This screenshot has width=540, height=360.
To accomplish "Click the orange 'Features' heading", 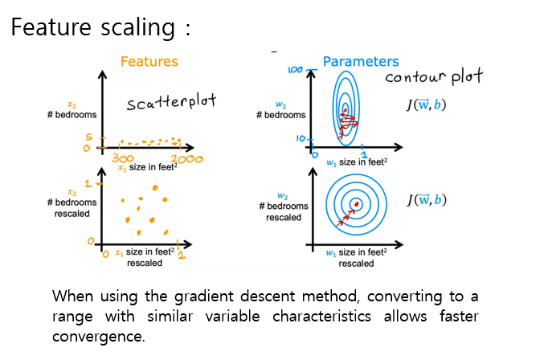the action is pos(149,62).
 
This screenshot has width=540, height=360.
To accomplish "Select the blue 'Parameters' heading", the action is pos(361,62).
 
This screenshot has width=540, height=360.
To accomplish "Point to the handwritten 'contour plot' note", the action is pos(434,77).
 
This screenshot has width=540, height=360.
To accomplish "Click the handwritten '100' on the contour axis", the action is pos(295,71).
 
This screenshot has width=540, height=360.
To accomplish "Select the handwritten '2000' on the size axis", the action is pos(186,160).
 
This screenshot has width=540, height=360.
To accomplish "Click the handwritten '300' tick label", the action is pos(121,160).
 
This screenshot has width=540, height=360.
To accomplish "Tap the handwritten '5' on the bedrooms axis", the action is pos(90,138).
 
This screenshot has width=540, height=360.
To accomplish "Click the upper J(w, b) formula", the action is pos(427,106).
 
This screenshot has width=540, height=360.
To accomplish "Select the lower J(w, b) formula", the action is pos(427,201).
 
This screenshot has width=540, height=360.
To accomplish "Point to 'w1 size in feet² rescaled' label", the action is pos(355,258).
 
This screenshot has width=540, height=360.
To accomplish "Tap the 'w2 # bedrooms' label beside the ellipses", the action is pos(281,110).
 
